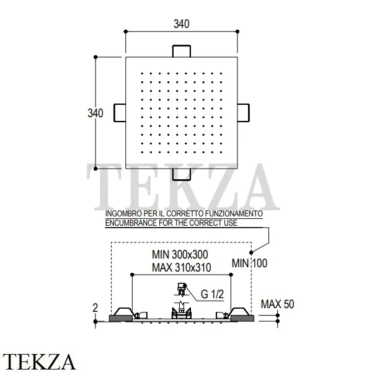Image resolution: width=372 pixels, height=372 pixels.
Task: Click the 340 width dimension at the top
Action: tap(182, 24)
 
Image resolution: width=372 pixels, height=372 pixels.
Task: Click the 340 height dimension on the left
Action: tap(95, 113)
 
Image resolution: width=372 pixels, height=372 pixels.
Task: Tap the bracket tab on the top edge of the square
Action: tap(182, 51)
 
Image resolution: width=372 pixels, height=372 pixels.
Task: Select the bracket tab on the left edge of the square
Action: tap(120, 113)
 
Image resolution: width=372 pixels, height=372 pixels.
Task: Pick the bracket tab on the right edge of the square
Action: tap(244, 113)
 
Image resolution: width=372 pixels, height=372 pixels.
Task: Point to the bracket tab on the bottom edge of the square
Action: tap(182, 174)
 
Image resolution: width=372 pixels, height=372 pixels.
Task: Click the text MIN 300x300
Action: tap(180, 255)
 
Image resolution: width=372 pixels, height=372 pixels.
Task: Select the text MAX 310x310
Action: tap(182, 268)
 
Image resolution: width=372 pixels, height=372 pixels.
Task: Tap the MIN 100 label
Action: tap(249, 263)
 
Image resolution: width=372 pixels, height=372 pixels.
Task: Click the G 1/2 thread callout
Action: tap(212, 294)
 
